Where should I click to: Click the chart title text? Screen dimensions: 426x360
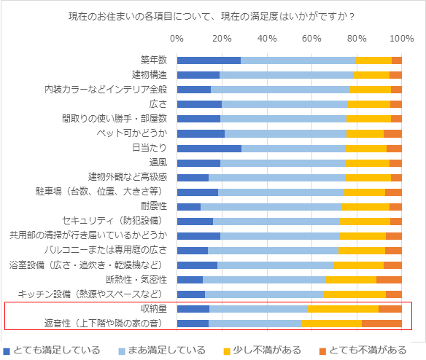point(212,17)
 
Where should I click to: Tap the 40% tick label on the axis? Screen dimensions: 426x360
point(267,39)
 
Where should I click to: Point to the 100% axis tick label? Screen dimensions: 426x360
point(401,39)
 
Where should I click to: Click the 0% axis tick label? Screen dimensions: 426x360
point(177,39)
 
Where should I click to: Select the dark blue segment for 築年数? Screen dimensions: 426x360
point(209,60)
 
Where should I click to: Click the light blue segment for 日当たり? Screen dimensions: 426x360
point(293,149)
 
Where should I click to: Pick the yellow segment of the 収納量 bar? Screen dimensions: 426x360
point(343,309)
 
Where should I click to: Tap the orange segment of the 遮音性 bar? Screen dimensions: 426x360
point(382,324)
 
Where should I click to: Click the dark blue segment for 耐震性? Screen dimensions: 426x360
point(189,207)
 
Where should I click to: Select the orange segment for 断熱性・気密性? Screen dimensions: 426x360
point(389,280)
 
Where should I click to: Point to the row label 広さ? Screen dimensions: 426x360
point(158,104)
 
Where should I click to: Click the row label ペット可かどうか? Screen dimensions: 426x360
point(132,133)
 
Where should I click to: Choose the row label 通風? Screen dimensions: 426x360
point(158,163)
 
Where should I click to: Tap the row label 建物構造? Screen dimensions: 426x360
point(150,75)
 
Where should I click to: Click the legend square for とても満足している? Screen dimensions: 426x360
point(7,351)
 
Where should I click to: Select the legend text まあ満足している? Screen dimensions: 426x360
point(167,351)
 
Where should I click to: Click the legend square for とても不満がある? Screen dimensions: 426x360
point(322,351)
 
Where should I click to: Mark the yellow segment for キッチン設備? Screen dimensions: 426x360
point(355,294)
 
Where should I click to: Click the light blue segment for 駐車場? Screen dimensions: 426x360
point(281,192)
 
